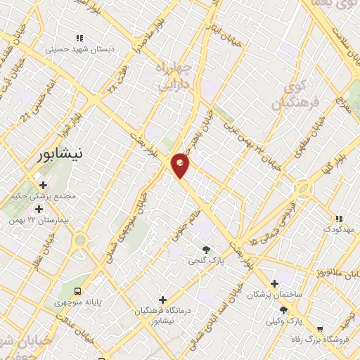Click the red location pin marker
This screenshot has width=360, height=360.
pos(181,165)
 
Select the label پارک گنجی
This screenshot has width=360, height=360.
pos(205,261)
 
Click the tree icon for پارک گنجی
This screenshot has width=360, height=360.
pos(206,250)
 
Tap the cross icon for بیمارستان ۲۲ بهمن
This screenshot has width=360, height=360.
pos(38,208)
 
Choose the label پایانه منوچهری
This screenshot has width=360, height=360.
pos(79,302)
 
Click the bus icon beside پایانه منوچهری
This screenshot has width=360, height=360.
pos(78,291)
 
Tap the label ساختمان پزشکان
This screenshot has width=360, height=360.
pos(274,295)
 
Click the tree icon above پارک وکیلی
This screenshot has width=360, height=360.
pos(283,310)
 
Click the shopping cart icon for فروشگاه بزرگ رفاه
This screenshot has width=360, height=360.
pos(320,328)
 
